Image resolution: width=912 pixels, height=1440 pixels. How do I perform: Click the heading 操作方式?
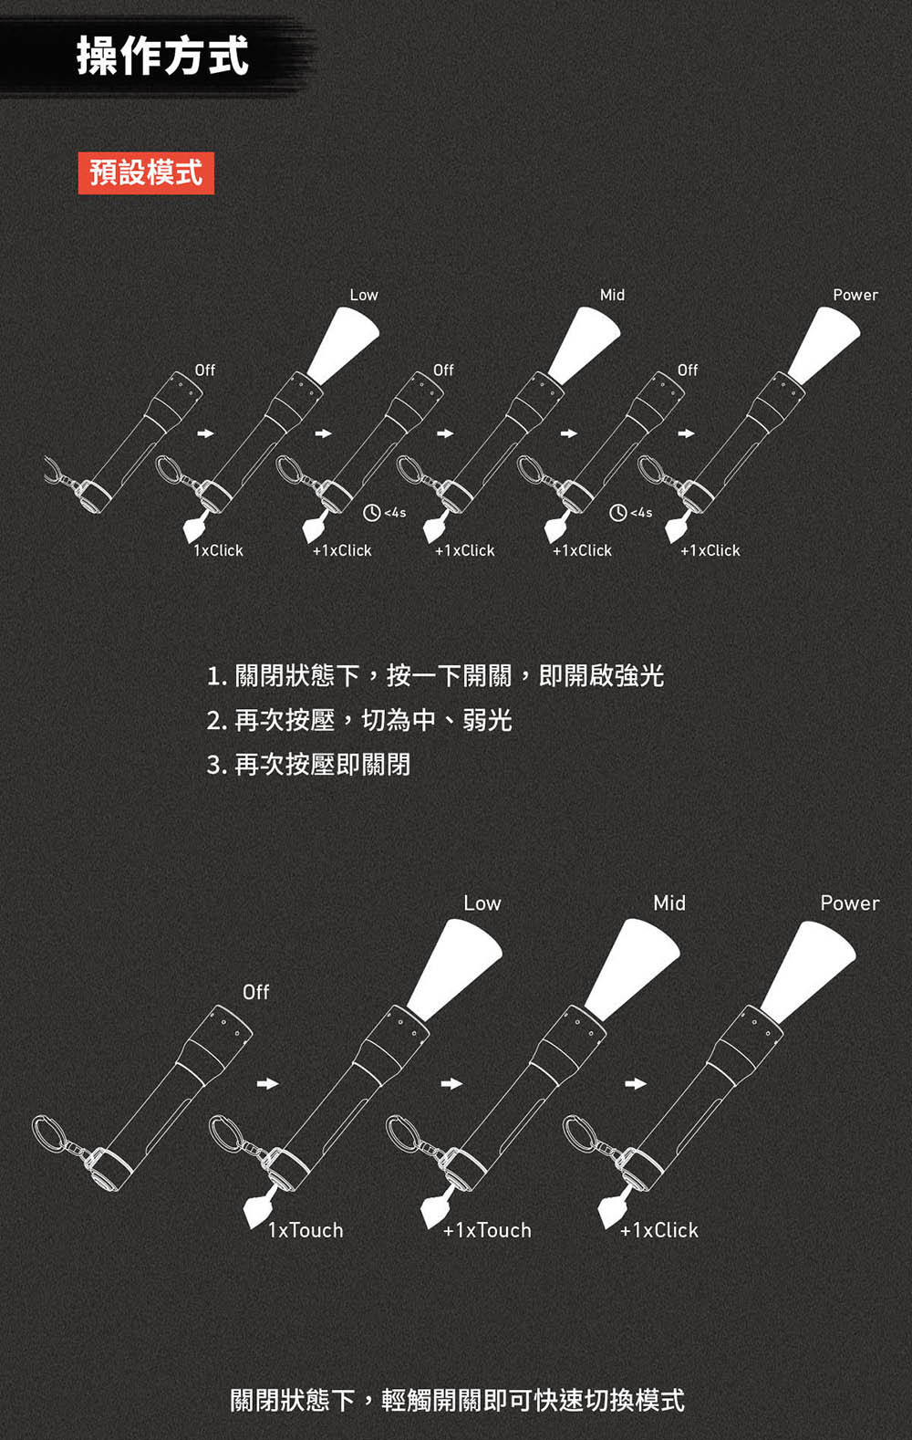point(162,55)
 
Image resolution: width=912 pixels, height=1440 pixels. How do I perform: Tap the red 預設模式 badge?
point(146,172)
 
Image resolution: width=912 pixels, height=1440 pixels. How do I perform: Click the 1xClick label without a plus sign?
point(219,550)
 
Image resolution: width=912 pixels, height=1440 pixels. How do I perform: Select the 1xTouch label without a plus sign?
point(306,1230)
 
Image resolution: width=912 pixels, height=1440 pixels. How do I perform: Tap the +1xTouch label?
point(487,1230)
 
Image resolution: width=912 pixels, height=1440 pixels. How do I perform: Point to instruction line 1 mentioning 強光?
point(435,675)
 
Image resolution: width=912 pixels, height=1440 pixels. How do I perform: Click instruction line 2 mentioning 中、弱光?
point(359,720)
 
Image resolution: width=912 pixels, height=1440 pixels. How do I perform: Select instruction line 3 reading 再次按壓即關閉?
point(308,764)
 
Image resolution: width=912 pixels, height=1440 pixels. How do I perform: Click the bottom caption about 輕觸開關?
point(457,1399)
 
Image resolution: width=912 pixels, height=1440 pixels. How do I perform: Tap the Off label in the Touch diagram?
point(255,992)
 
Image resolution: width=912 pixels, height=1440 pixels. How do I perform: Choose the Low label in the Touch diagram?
point(482,903)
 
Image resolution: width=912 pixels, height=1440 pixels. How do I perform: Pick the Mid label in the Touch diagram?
point(668,903)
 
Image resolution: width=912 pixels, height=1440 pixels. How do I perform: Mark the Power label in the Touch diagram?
point(849,903)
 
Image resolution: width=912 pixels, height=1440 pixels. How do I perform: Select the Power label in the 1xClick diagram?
point(855,295)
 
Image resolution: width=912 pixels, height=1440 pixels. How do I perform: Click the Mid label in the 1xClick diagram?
point(612,295)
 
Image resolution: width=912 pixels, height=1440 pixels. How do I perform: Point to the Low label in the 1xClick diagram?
point(363,295)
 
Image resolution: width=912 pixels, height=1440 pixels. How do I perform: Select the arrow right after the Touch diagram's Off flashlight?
point(266,1084)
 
